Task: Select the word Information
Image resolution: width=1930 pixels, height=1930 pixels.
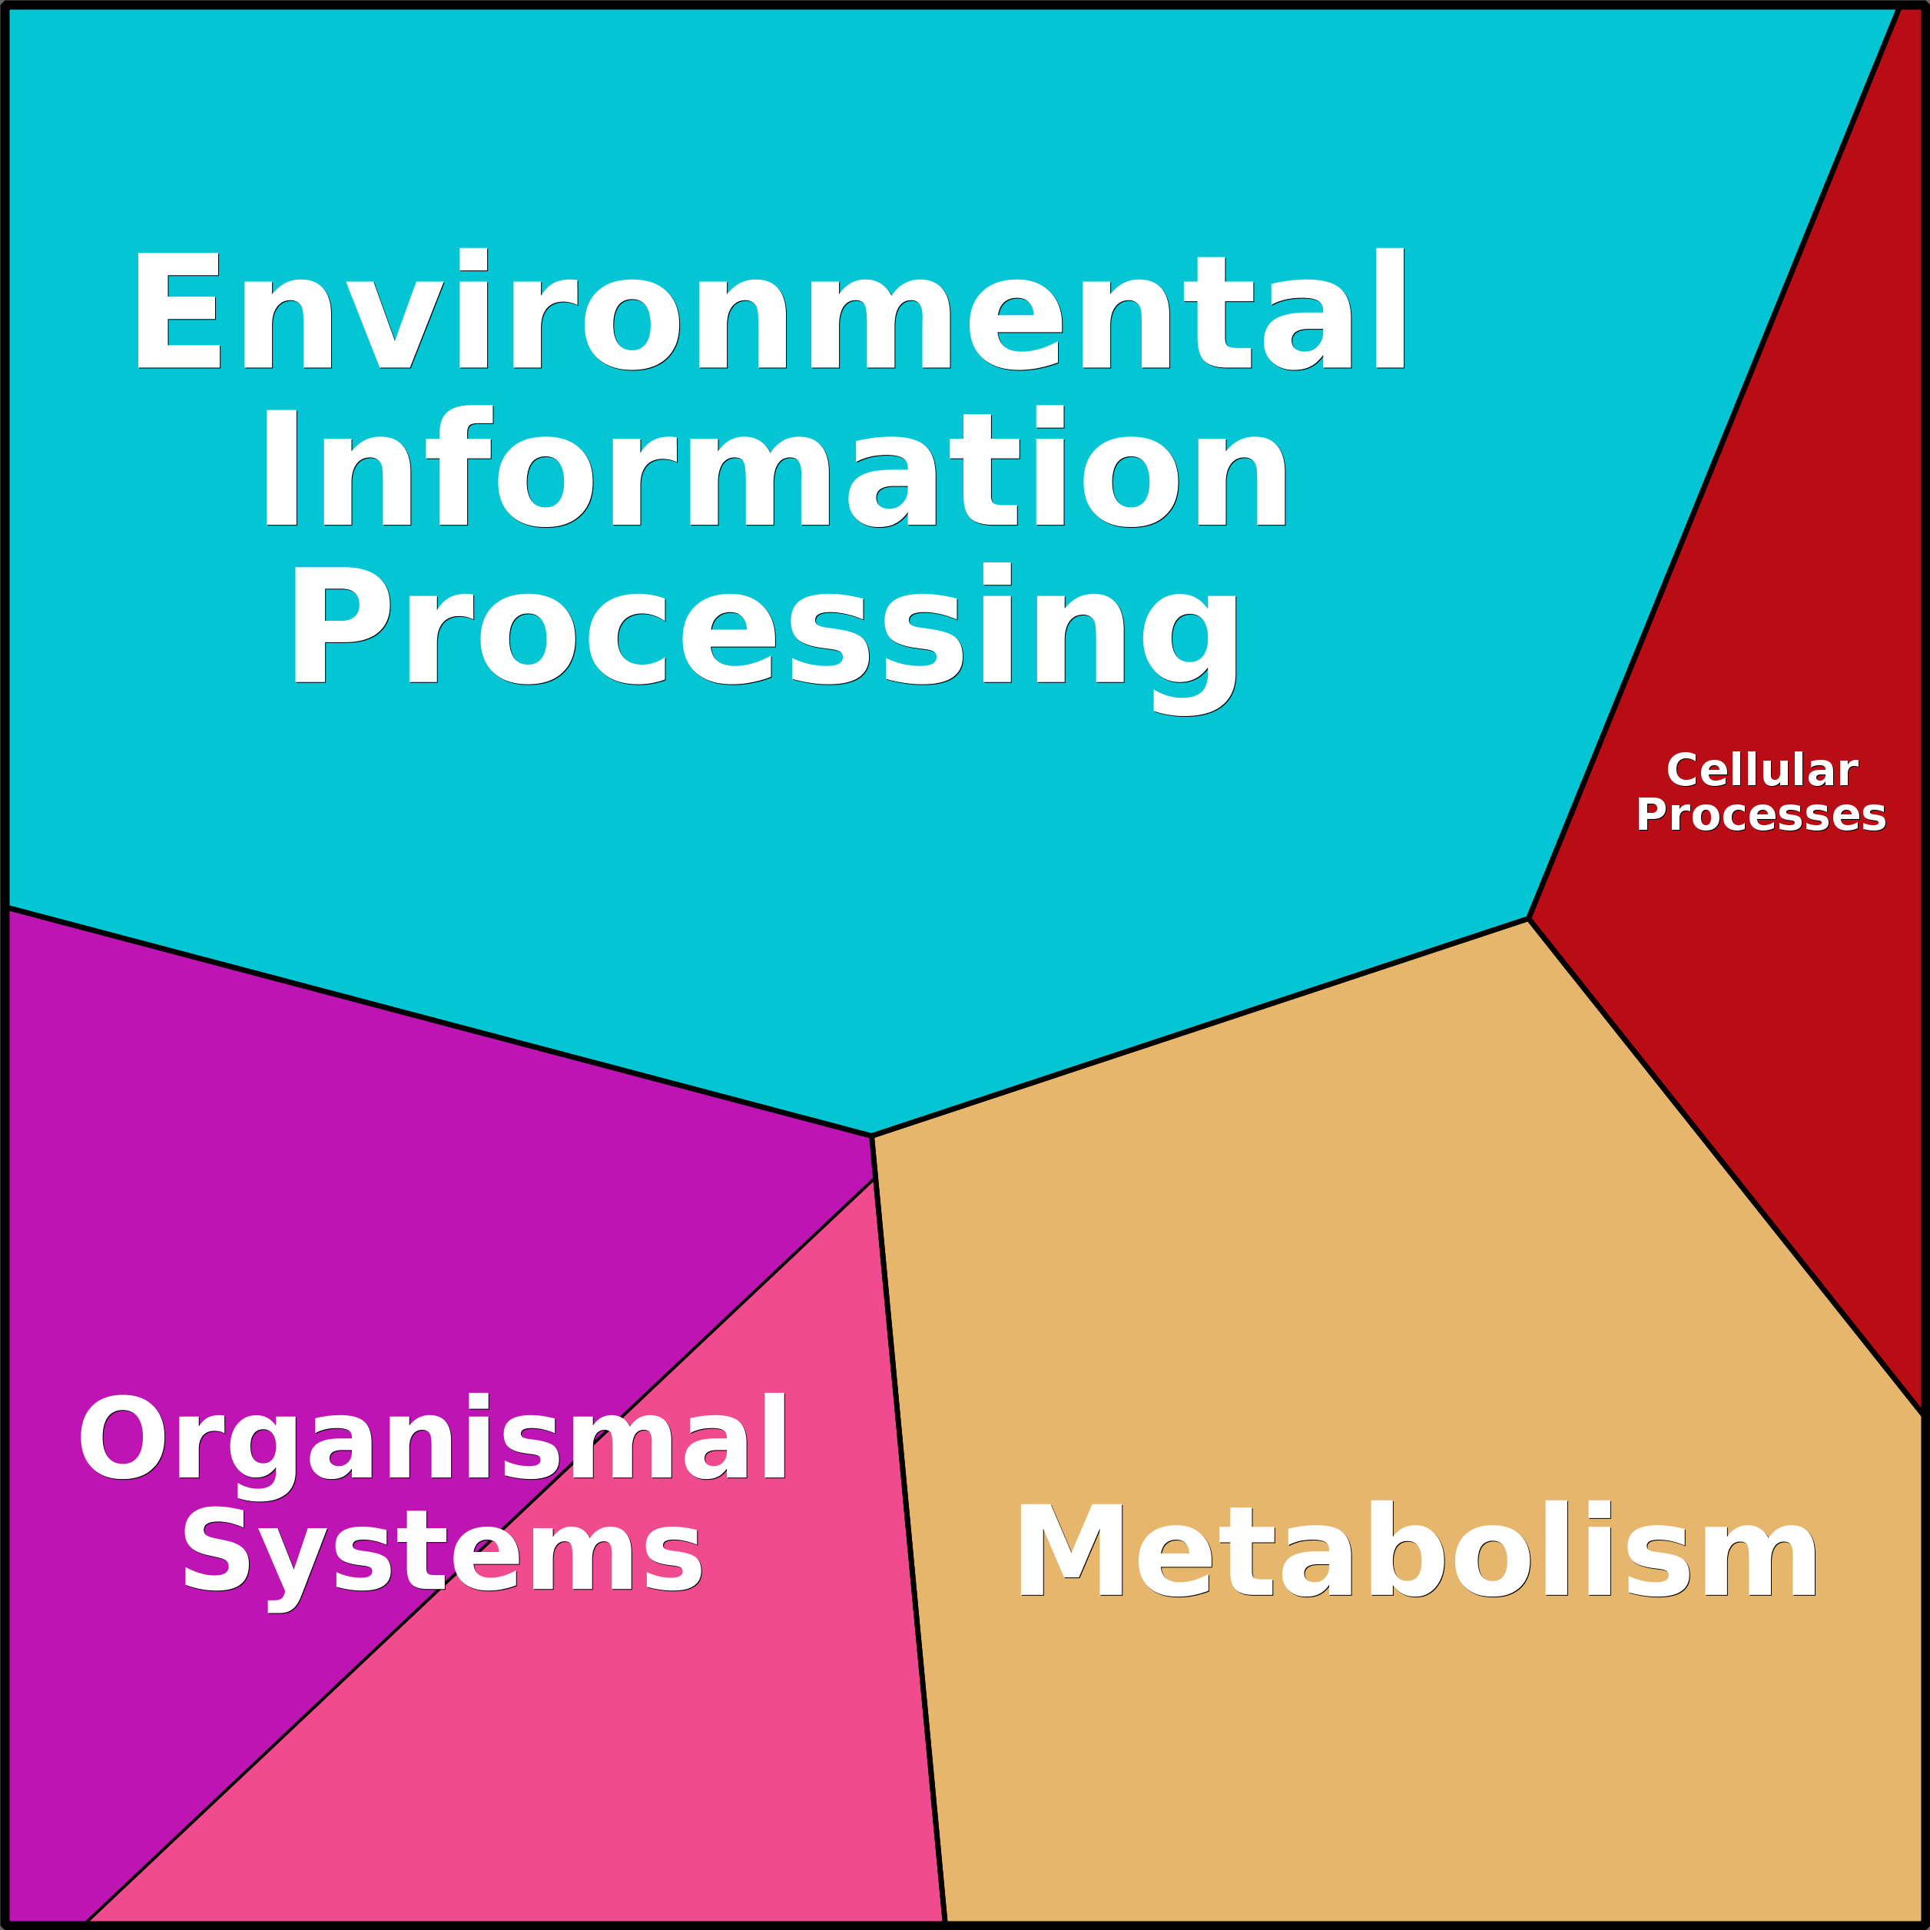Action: [x=774, y=465]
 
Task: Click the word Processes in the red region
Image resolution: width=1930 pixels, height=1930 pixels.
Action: [x=1761, y=815]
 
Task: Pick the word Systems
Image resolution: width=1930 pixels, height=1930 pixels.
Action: [x=442, y=1554]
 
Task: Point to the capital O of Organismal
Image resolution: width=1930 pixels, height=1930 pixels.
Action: [x=122, y=1438]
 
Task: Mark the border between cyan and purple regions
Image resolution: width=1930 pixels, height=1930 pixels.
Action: [x=439, y=1022]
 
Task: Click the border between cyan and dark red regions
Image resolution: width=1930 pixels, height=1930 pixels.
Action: [x=1714, y=463]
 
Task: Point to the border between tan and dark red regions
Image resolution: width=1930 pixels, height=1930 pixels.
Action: [x=1726, y=1167]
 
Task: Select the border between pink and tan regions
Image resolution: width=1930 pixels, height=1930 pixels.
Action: [x=910, y=1550]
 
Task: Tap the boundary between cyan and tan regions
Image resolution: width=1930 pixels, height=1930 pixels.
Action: [x=1200, y=1027]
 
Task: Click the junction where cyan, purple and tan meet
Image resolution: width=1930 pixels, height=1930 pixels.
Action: [x=872, y=1136]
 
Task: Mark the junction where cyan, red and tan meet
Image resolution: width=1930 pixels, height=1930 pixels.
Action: [x=1528, y=919]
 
